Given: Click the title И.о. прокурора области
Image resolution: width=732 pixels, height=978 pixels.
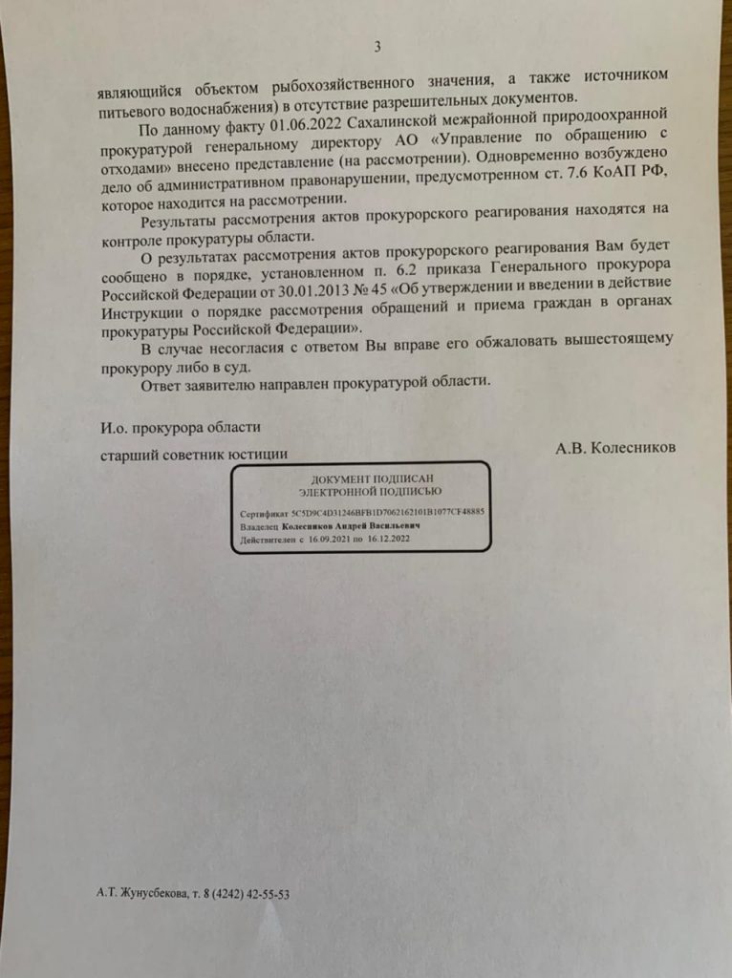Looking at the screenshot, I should point(180,427).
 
